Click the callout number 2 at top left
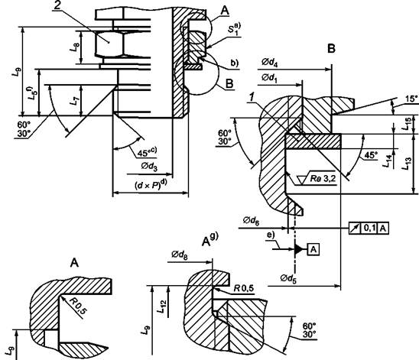point(57,6)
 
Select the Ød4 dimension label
point(270,63)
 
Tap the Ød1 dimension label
point(269,78)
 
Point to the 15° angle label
point(412,99)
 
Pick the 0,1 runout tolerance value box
point(369,228)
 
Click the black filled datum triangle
point(299,249)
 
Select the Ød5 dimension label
point(288,279)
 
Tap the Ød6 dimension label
point(251,221)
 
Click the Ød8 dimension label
point(180,255)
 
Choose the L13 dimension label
point(407,163)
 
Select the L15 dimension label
point(407,124)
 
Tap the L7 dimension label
point(76,100)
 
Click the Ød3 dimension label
point(149,167)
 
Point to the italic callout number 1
point(252,98)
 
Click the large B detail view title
point(331,49)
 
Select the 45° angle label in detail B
point(371,155)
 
